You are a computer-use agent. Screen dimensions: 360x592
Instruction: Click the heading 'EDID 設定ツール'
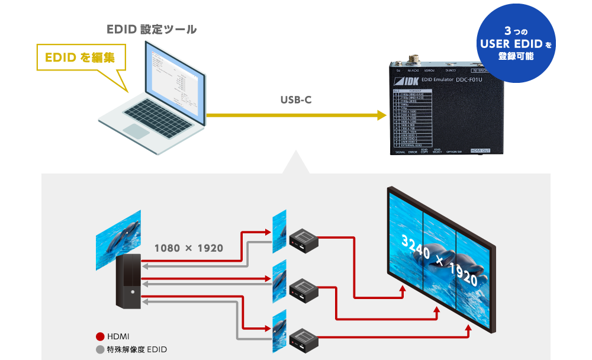pos(152,29)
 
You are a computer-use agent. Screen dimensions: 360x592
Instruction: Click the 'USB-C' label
pos(296,101)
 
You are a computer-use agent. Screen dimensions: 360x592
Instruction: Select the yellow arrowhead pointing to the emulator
pos(381,115)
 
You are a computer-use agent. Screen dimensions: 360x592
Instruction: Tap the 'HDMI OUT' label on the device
pos(480,151)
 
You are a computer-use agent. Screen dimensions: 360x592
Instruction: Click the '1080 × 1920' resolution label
pos(188,248)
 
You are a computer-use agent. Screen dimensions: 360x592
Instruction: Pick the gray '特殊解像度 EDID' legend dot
pos(99,349)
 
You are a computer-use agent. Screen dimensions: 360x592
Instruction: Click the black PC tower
pos(128,281)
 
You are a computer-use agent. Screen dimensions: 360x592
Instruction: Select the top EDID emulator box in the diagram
pos(304,239)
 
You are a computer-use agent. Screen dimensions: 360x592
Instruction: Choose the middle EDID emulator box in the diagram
pos(304,288)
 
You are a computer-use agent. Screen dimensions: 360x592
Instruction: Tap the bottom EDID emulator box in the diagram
pos(304,337)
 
